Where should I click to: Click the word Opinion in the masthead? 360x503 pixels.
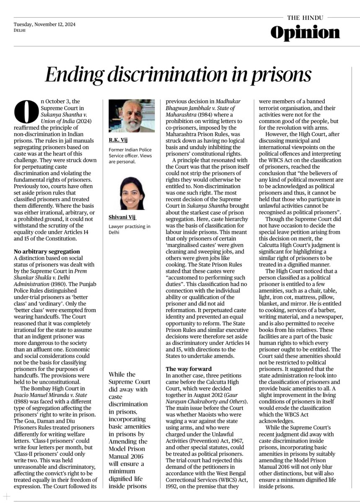click(x=305, y=33)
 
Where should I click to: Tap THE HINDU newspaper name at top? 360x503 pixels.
click(x=305, y=17)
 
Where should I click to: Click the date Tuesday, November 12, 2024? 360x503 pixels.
click(x=44, y=24)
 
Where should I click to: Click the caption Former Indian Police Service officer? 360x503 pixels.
click(x=130, y=153)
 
